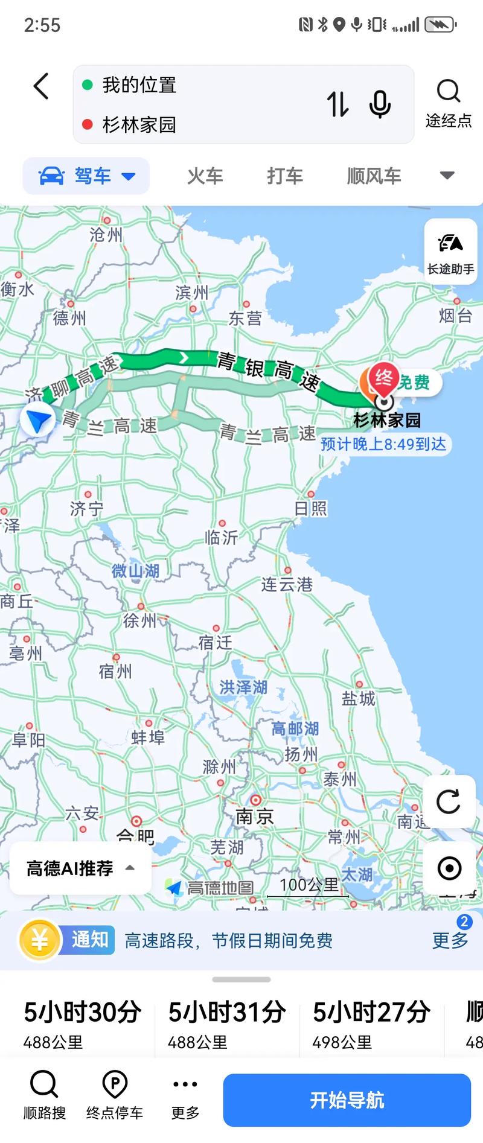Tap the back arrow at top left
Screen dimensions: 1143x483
pos(41,86)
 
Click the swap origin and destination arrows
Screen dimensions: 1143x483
pos(337,104)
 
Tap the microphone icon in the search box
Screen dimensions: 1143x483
pos(380,104)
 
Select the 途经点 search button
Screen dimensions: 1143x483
pos(448,103)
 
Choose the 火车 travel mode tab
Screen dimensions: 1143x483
pos(205,176)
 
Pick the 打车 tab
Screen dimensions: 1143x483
pos(285,176)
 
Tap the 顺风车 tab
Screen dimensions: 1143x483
pos(374,176)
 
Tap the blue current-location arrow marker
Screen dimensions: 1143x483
pos(37,420)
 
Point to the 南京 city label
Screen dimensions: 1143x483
pos(255,816)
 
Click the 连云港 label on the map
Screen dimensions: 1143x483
pos(287,584)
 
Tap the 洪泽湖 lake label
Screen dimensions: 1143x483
pos(243,687)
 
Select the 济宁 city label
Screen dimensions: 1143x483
pos(86,509)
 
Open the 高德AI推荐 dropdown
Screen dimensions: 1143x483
pos(80,868)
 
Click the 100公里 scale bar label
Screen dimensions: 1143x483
pos(309,885)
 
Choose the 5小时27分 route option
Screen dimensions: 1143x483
pos(371,1024)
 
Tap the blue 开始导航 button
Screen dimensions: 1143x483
pos(347,1100)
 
